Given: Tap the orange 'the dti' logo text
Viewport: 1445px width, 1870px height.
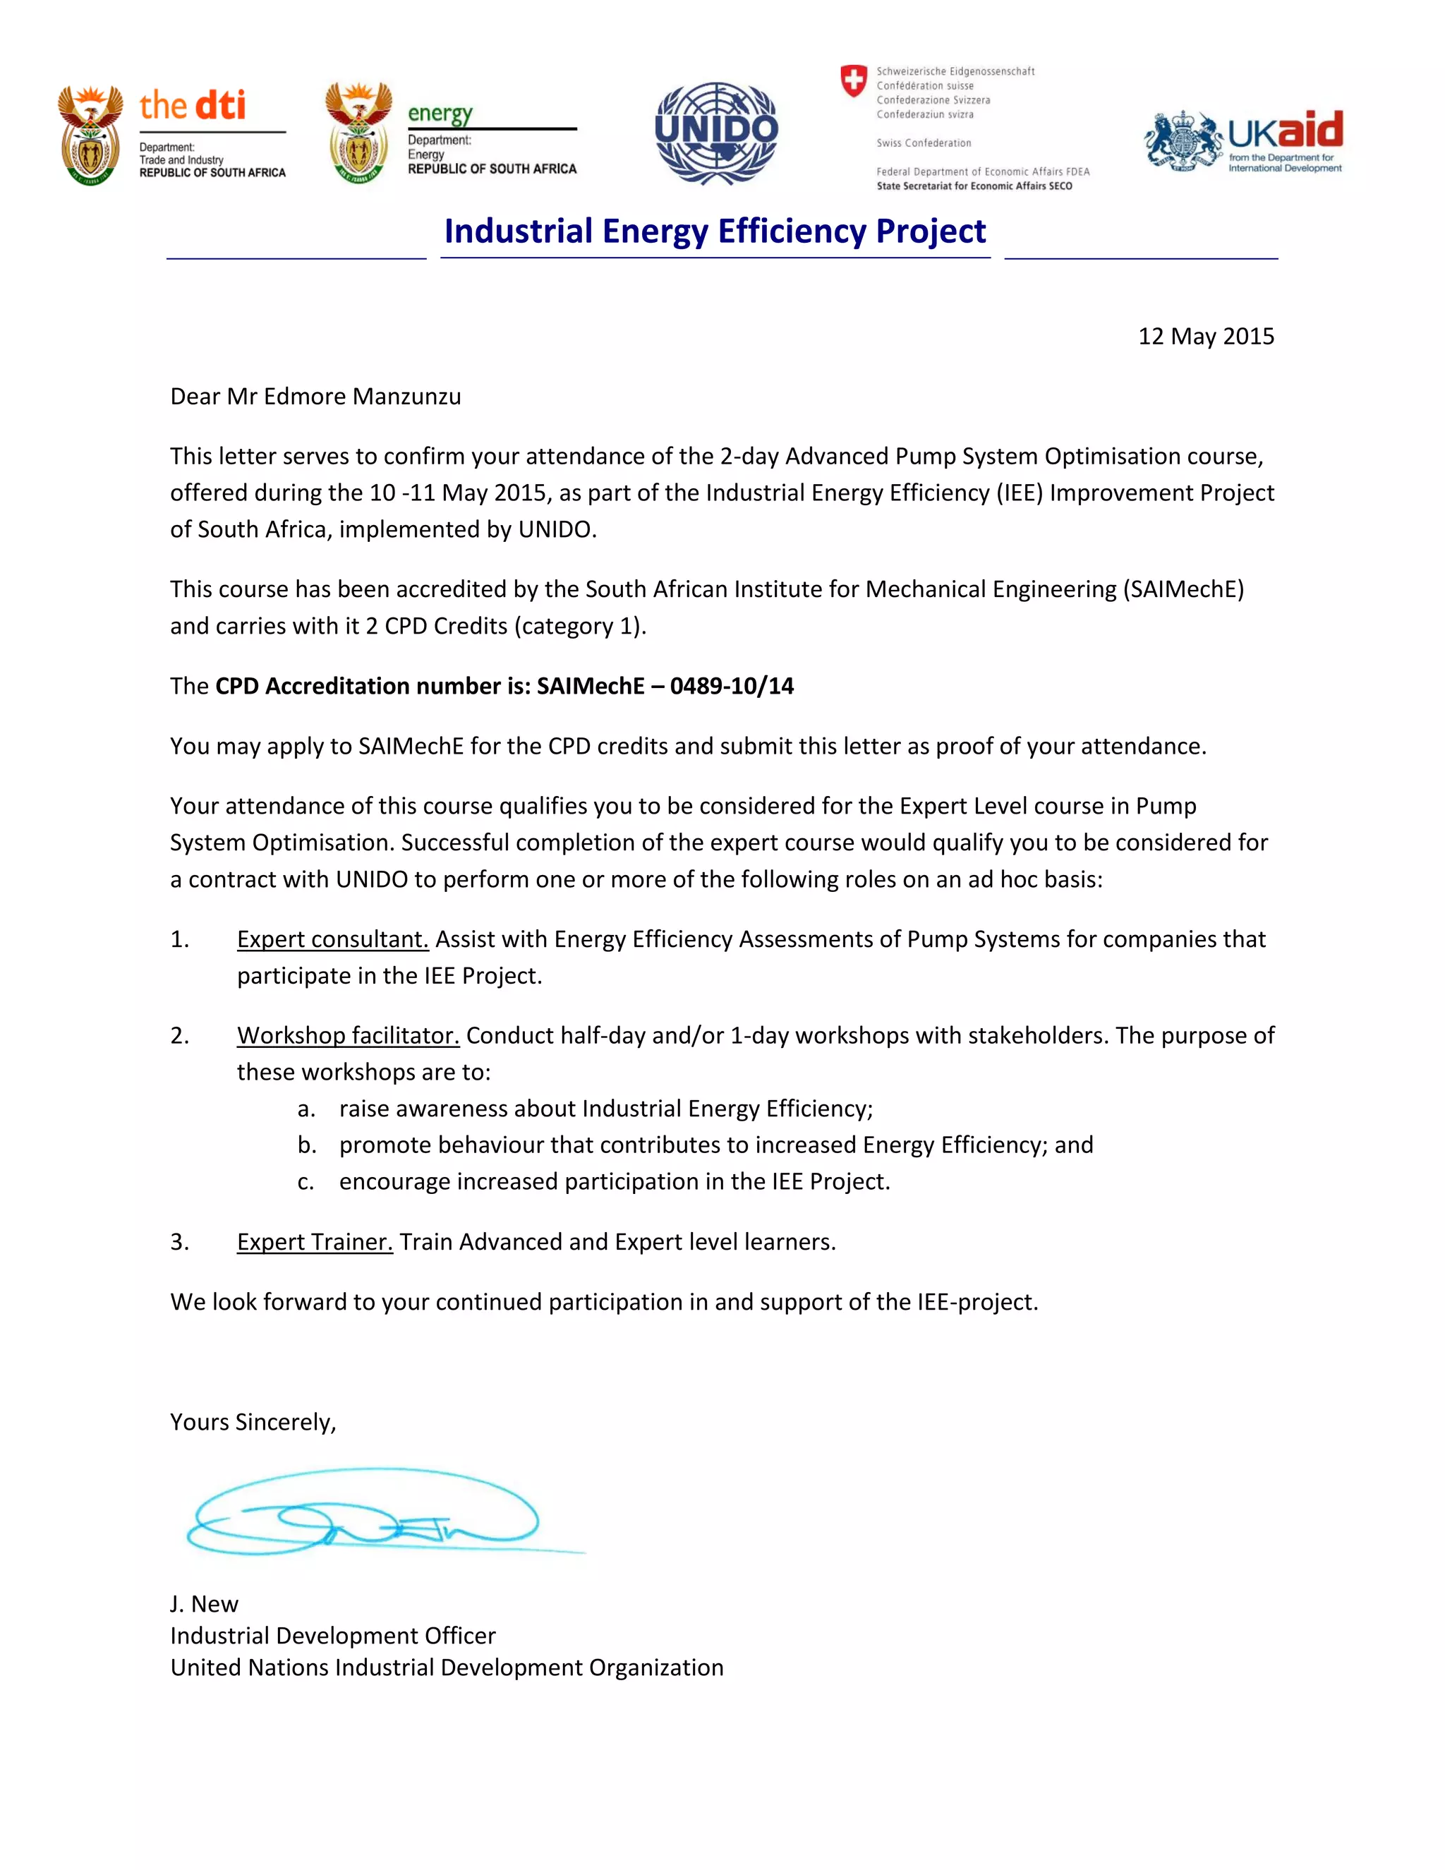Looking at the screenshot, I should click(193, 105).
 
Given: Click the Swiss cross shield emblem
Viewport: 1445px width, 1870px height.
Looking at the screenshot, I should click(854, 81).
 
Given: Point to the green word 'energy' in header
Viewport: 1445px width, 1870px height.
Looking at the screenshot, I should click(440, 114).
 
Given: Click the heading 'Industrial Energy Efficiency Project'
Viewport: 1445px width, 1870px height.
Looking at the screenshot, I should click(715, 231).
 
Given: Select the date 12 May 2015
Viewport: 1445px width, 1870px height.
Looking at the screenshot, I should click(1205, 336).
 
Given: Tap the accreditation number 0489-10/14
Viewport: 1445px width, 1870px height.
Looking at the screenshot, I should click(732, 686).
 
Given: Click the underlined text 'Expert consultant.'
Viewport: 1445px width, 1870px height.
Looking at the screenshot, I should click(332, 939).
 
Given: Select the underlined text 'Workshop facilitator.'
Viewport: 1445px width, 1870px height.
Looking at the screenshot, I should click(348, 1035).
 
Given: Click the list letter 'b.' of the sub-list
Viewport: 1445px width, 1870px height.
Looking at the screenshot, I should click(306, 1145).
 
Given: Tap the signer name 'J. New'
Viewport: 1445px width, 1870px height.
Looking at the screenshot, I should click(204, 1604).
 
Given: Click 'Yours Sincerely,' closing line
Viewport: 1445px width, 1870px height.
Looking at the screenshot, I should click(253, 1422).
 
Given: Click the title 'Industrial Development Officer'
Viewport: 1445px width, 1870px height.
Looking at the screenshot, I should click(332, 1636).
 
